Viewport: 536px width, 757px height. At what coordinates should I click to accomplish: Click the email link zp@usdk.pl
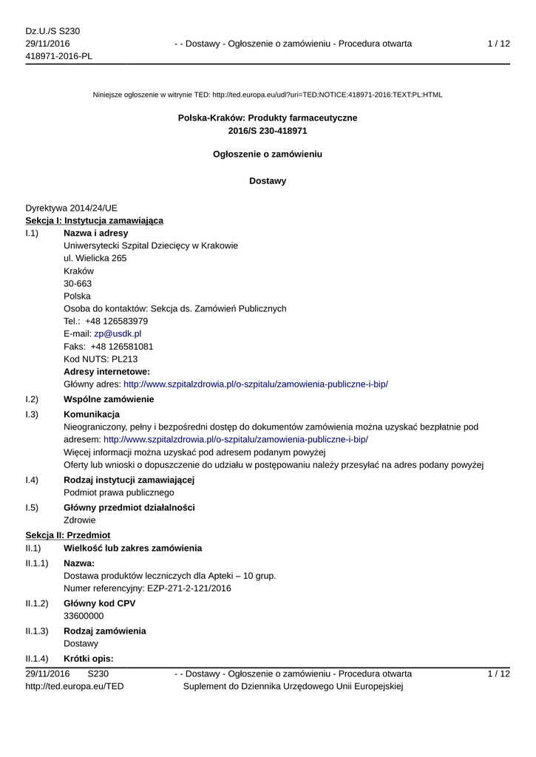click(118, 333)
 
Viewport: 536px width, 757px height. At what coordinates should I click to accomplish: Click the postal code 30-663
click(78, 283)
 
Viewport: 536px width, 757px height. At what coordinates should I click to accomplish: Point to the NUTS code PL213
click(121, 359)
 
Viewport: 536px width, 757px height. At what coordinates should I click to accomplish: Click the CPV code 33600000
click(84, 616)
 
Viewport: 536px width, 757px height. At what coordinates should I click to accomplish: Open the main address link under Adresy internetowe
click(256, 384)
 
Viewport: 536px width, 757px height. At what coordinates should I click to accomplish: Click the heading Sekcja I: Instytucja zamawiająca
click(95, 220)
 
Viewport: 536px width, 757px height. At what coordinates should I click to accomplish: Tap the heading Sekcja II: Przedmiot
click(67, 534)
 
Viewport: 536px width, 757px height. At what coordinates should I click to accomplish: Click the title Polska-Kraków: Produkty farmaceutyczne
click(268, 118)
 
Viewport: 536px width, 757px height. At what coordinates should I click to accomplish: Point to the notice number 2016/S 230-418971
click(268, 131)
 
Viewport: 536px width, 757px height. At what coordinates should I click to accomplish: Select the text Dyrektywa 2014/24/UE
click(71, 208)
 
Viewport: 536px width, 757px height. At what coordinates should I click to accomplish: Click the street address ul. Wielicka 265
click(95, 258)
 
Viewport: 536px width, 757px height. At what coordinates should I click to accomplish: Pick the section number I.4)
click(32, 480)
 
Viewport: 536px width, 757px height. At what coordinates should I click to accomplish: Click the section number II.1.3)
click(37, 631)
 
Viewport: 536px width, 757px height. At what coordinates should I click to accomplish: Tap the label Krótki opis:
click(88, 659)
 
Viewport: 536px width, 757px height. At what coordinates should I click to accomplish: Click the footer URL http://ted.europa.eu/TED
click(75, 687)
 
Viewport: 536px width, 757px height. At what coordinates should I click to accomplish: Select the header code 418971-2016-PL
click(58, 56)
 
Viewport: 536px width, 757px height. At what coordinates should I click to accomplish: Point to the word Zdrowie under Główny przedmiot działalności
click(80, 520)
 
